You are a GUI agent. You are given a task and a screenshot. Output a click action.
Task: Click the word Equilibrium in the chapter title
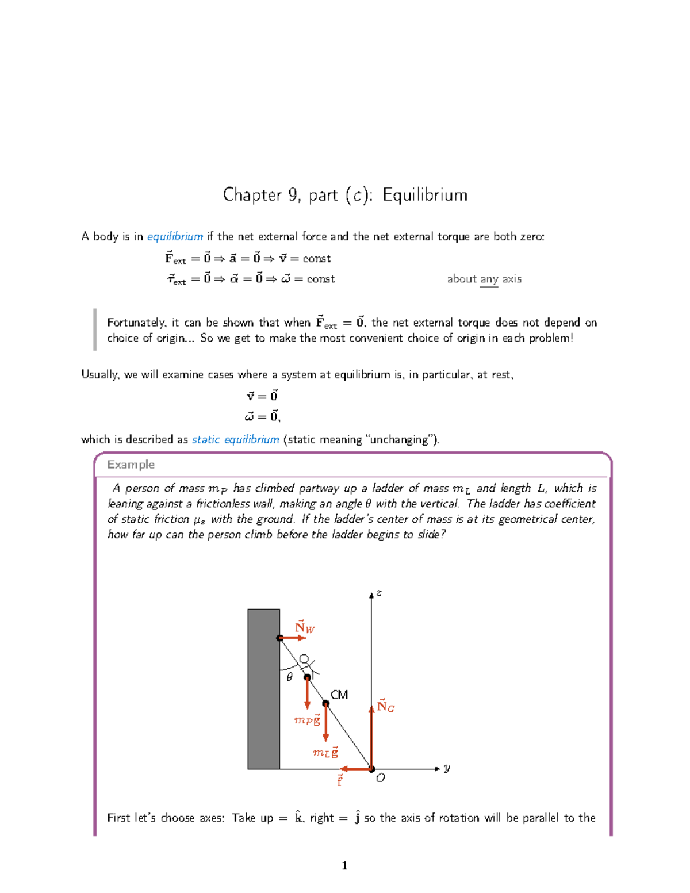pyautogui.click(x=424, y=195)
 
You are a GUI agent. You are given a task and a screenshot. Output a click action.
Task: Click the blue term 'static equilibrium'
pyautogui.click(x=235, y=439)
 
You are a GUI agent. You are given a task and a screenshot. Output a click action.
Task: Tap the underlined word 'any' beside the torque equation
pyautogui.click(x=489, y=279)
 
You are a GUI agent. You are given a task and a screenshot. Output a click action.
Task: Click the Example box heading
pyautogui.click(x=131, y=465)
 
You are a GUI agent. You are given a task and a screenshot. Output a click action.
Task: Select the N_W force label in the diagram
pyautogui.click(x=304, y=627)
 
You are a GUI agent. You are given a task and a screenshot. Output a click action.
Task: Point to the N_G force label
pyautogui.click(x=385, y=706)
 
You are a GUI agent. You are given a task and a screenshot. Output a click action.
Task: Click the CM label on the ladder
pyautogui.click(x=339, y=695)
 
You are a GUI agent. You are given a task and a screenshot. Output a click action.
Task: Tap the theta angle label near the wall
pyautogui.click(x=289, y=677)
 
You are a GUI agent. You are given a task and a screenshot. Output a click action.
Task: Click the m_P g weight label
pyautogui.click(x=307, y=720)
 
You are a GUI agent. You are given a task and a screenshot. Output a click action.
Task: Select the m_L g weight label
pyautogui.click(x=325, y=753)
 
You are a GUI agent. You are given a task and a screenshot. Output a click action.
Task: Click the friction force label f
pyautogui.click(x=339, y=780)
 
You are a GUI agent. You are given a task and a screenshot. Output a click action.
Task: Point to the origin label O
pyautogui.click(x=380, y=778)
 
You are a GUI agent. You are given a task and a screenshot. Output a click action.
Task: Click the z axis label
pyautogui.click(x=378, y=593)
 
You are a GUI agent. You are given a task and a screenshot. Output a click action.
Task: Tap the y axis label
pyautogui.click(x=447, y=768)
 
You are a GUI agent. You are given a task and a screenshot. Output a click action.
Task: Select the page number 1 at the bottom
pyautogui.click(x=344, y=865)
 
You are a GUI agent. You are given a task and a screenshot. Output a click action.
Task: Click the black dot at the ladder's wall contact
pyautogui.click(x=280, y=638)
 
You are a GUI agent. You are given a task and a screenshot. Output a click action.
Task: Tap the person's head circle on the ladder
pyautogui.click(x=304, y=659)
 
